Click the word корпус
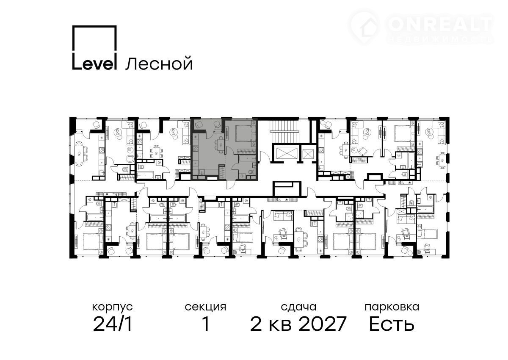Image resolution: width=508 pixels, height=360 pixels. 112,307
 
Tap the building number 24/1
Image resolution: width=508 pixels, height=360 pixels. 113,324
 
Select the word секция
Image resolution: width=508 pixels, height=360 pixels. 205,307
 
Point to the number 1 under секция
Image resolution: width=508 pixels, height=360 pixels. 206,324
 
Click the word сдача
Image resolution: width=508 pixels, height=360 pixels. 298,307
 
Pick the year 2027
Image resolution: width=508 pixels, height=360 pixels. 322,324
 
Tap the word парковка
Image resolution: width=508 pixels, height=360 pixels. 392,307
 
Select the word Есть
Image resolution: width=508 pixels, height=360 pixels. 392,324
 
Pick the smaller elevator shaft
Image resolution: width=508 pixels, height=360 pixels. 307,154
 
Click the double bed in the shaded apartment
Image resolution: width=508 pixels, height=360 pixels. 246,133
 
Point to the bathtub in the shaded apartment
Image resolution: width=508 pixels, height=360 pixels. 247,158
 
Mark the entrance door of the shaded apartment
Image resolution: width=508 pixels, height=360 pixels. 231,185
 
